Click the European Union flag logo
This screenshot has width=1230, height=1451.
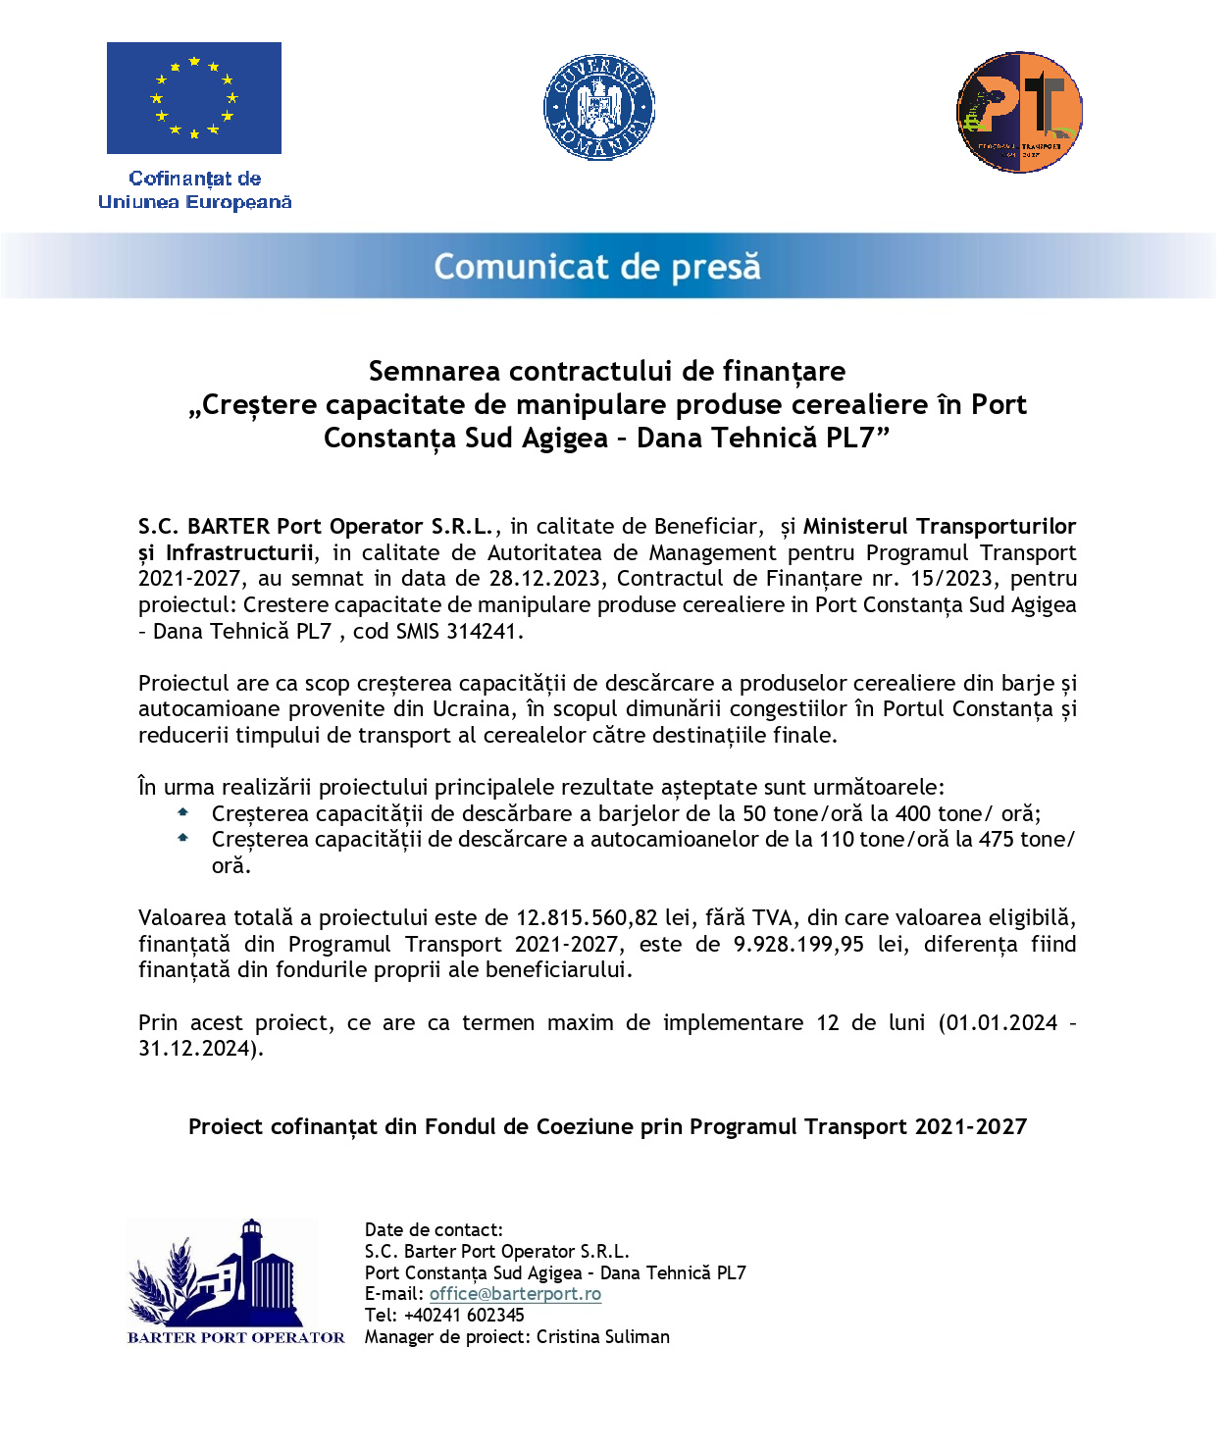coord(193,98)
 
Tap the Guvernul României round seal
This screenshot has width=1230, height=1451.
coord(598,108)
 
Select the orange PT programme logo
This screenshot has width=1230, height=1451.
coord(1019,113)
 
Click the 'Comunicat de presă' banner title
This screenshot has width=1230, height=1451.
coord(597,267)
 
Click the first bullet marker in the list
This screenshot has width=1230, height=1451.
coord(182,812)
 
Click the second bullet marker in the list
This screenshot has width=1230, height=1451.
coord(182,838)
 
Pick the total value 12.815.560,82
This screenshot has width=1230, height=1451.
coord(587,918)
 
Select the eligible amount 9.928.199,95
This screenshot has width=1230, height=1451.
coord(798,945)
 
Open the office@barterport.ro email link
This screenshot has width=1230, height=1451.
coord(515,1294)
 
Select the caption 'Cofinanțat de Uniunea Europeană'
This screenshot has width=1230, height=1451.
coord(194,190)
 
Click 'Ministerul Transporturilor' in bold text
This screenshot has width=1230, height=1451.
coord(939,527)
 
